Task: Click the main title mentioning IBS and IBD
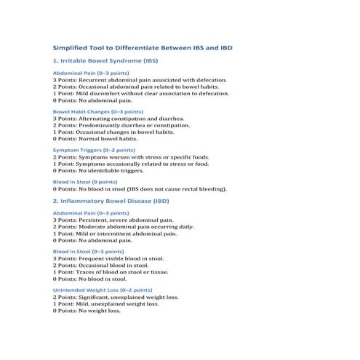[143, 48]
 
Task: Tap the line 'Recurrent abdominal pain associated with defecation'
[130, 80]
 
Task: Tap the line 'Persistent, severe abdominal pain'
[113, 220]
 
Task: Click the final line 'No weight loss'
[87, 311]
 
